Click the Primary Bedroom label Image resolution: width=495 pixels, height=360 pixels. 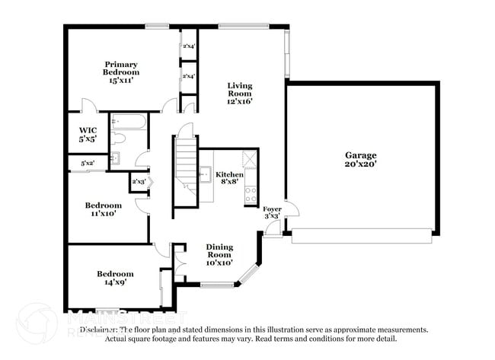click(121, 72)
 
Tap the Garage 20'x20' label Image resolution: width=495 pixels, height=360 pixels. click(359, 159)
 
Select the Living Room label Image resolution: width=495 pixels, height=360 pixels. click(238, 93)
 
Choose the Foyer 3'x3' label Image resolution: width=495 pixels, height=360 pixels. click(272, 212)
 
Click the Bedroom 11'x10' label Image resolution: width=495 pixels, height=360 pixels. click(103, 209)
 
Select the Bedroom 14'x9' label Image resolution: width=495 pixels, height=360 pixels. click(115, 278)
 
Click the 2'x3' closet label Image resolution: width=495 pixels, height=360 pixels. click(138, 181)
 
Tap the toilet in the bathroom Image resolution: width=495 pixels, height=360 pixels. click(119, 139)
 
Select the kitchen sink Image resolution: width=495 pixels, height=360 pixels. click(204, 174)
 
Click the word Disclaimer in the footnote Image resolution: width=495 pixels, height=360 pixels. click(101, 330)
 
